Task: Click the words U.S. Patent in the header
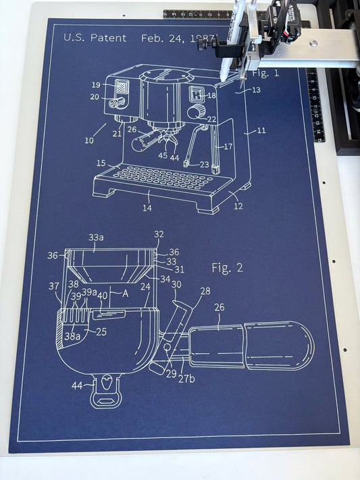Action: [95, 38]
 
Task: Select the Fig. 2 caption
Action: [226, 268]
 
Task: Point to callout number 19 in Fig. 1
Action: [96, 85]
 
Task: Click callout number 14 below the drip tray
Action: [147, 208]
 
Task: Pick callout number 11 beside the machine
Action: [261, 130]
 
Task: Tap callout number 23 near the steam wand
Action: [204, 164]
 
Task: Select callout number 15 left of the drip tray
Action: [101, 163]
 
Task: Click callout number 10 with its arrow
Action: [90, 140]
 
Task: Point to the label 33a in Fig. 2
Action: [96, 238]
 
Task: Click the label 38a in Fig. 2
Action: [72, 336]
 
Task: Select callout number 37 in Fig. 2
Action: [54, 286]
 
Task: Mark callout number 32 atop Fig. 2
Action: [159, 234]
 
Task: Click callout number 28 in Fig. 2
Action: [205, 290]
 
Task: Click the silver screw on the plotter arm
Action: [314, 43]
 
